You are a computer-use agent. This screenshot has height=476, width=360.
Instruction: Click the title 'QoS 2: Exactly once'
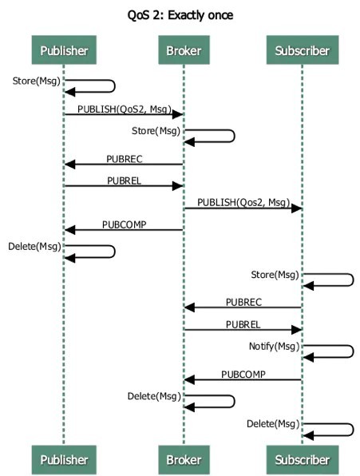point(180,14)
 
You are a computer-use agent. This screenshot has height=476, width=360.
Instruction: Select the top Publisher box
point(63,51)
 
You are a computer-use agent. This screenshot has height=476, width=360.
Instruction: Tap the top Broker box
point(183,51)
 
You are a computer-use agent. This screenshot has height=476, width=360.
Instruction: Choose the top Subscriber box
point(302,51)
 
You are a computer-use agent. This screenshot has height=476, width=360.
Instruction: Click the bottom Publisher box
point(63,460)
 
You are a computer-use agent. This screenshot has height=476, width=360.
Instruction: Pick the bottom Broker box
point(183,460)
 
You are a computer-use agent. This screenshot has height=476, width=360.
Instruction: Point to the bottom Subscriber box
point(302,460)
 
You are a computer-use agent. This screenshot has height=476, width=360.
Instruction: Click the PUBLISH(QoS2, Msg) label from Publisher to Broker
point(124,108)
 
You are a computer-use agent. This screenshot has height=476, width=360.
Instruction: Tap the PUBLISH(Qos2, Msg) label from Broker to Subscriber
point(243,201)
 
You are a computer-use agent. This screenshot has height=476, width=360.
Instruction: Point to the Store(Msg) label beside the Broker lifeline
point(156,129)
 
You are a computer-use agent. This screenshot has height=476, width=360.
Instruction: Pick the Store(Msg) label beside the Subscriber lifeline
point(275,275)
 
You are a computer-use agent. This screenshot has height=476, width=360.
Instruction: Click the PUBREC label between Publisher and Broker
point(124,157)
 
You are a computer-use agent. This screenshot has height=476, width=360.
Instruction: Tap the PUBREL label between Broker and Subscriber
point(243,323)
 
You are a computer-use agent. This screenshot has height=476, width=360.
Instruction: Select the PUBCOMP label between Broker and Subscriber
point(243,373)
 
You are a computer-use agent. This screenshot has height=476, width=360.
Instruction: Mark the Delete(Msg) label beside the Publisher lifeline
point(34,245)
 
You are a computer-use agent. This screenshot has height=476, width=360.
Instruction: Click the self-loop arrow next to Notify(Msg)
point(329,351)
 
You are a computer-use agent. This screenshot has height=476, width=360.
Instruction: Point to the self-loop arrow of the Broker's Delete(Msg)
point(210,401)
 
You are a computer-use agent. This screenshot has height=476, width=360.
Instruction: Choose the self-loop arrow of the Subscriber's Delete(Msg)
point(329,429)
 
